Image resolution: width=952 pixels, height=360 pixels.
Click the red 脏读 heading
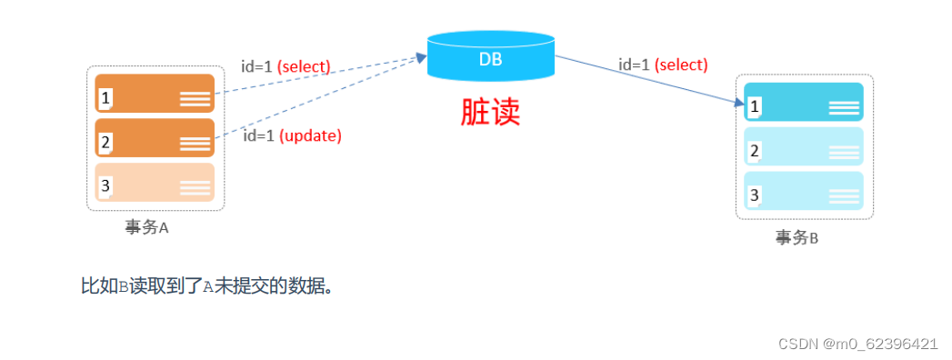point(490,111)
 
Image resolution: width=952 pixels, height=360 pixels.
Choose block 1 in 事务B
point(803,102)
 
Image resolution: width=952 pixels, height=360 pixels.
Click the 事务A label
point(147,227)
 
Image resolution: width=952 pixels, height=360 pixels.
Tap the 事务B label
point(797,237)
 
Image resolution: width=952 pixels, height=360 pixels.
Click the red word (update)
point(310,136)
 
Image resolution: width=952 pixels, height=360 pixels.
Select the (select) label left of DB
point(304,66)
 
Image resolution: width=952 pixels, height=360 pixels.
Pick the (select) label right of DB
point(681,65)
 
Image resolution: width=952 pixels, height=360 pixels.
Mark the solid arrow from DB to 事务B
point(646,80)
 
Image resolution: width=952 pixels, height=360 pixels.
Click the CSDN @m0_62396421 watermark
point(858,344)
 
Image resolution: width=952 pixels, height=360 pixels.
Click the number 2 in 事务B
point(755,151)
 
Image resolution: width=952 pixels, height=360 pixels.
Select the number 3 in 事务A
point(105,186)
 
